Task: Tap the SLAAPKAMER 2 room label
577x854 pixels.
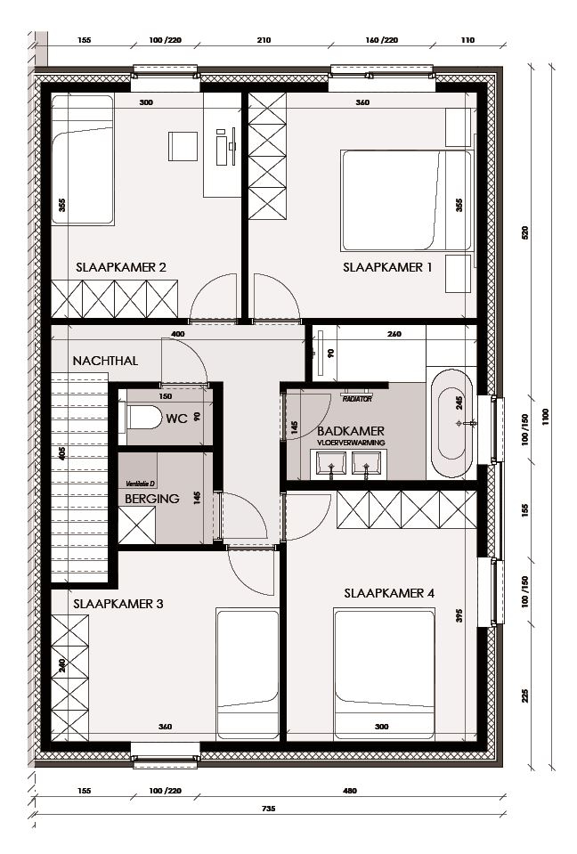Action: click(121, 266)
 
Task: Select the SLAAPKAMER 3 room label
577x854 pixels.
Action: click(118, 603)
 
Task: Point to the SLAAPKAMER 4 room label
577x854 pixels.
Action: click(389, 591)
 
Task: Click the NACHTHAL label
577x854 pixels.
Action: click(103, 362)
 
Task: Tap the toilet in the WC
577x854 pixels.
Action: click(142, 417)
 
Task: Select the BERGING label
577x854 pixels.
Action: click(151, 500)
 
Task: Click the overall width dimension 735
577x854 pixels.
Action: click(268, 809)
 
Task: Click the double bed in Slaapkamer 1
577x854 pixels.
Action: click(405, 201)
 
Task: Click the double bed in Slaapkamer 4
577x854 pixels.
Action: click(383, 672)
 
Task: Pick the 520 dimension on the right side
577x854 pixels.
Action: click(525, 233)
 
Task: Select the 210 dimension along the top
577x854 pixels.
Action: click(264, 40)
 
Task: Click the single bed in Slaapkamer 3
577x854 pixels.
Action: click(248, 672)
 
